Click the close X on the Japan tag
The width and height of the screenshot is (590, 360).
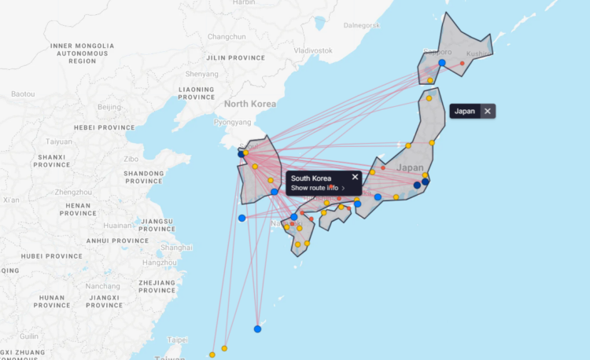click(488, 112)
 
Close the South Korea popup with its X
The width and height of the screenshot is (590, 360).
click(355, 177)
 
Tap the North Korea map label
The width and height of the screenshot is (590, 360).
click(250, 104)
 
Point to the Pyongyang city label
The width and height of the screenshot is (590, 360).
click(232, 122)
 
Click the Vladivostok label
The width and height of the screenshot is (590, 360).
click(312, 50)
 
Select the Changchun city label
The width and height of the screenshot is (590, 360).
click(227, 37)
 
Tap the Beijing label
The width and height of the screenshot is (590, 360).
click(109, 106)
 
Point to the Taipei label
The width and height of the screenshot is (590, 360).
click(179, 340)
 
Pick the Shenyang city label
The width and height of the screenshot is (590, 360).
click(195, 76)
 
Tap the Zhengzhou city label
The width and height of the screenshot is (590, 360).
click(73, 192)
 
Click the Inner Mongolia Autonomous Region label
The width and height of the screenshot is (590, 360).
click(82, 53)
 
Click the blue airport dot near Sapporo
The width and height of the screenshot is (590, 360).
click(442, 62)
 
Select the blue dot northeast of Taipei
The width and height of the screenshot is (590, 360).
click(257, 329)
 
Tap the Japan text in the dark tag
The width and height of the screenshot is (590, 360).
click(465, 112)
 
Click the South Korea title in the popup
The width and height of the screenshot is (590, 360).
click(311, 178)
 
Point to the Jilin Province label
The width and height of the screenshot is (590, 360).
click(235, 57)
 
